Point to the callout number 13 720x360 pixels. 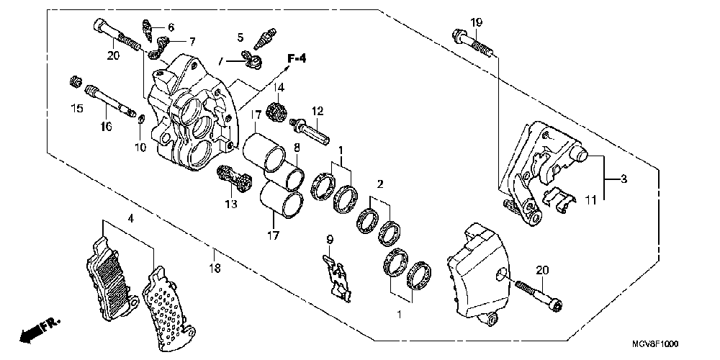point(230,204)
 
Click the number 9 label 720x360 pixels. point(329,238)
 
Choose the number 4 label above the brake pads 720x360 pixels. point(130,217)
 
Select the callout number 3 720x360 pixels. point(624,178)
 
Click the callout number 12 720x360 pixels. point(318,111)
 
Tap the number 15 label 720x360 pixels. point(76,109)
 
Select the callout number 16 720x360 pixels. point(106,127)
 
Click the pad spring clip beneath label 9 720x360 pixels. point(336,277)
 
